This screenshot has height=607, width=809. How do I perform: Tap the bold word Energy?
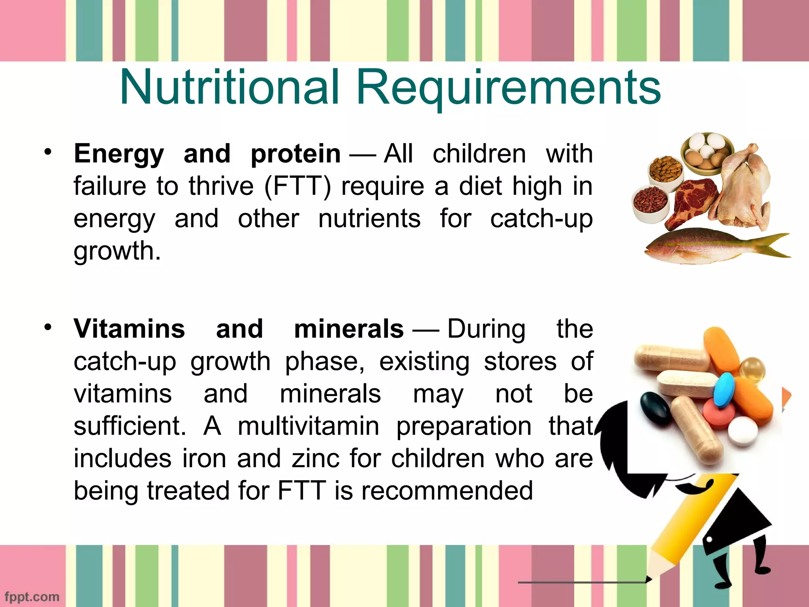click(119, 154)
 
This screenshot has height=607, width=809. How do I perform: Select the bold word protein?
click(295, 154)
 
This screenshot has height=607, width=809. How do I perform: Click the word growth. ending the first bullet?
click(117, 251)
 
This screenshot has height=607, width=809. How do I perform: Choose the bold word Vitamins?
click(129, 329)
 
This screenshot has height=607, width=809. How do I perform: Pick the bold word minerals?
click(349, 329)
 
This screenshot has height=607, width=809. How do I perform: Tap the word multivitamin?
click(308, 426)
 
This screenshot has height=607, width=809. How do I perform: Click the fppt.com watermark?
click(32, 596)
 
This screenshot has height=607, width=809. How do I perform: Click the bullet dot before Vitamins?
click(48, 327)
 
